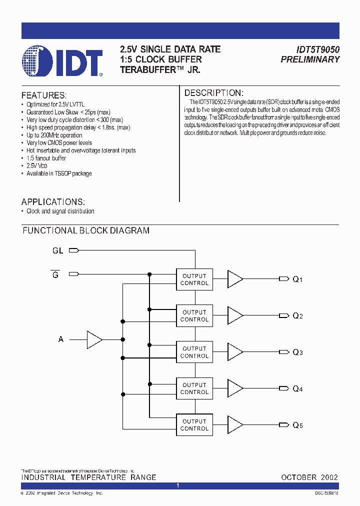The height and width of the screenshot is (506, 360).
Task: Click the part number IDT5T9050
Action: (x=311, y=49)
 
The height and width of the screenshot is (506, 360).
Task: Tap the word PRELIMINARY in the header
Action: (x=310, y=59)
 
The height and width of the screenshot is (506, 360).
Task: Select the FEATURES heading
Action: (x=43, y=95)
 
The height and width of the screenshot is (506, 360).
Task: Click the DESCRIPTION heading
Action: (x=213, y=93)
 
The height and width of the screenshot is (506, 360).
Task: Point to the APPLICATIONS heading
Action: (x=53, y=202)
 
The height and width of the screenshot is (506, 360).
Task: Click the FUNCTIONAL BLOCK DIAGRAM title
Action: (x=86, y=230)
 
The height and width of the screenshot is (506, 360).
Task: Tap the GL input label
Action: (x=58, y=250)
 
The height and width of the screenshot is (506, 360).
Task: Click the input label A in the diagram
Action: (x=61, y=339)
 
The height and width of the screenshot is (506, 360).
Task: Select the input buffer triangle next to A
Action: (x=93, y=339)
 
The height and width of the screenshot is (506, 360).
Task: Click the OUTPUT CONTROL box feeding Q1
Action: (x=194, y=279)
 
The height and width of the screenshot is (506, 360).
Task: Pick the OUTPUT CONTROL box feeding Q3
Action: (x=194, y=352)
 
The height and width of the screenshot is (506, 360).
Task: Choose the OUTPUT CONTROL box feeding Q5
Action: (x=194, y=425)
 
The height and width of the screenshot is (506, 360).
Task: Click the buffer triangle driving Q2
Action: (x=234, y=315)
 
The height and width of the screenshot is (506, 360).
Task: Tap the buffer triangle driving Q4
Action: (x=234, y=388)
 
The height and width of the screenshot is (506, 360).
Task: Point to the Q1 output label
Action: (x=297, y=279)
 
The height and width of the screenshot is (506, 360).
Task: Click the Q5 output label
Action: (x=297, y=425)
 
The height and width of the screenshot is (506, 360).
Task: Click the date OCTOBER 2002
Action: (x=309, y=477)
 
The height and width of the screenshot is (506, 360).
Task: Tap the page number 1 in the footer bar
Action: (x=178, y=485)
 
